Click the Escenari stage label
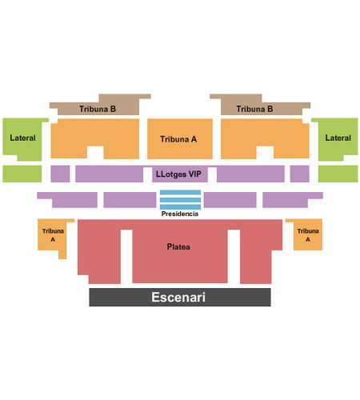coord(178,297)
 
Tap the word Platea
coord(178,246)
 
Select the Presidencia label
coord(180,214)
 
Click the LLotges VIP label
coord(178,174)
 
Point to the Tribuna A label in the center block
coord(178,139)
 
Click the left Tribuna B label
coord(98,109)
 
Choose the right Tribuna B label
coord(254,109)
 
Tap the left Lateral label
coord(22,138)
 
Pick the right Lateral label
coord(338,138)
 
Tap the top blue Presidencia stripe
coord(180,192)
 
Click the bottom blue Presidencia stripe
coord(180,207)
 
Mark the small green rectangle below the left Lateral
coord(22,174)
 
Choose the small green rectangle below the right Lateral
coord(338,174)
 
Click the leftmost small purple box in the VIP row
coord(60,174)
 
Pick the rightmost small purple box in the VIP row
coord(300,174)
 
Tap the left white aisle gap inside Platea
coord(126,257)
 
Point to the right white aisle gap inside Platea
coord(234,257)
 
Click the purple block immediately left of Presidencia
coord(130,200)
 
